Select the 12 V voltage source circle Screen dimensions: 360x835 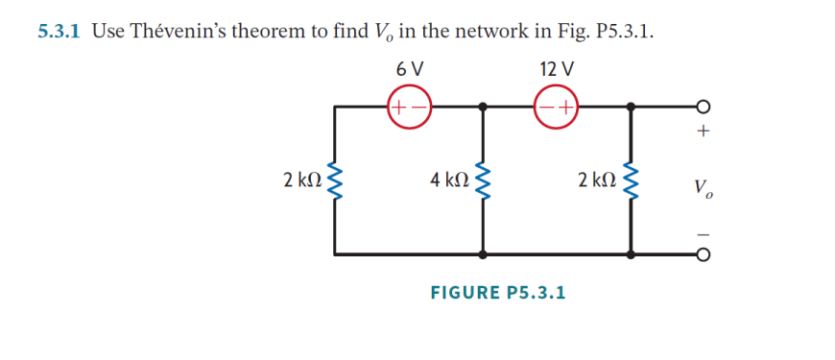pos(558,107)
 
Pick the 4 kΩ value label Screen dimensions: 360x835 pos(448,180)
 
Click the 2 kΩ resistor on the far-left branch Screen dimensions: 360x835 pos(335,180)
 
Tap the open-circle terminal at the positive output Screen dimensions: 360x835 pos(704,107)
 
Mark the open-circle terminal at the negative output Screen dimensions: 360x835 pos(704,254)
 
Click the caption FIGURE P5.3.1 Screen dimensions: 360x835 pos(497,291)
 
